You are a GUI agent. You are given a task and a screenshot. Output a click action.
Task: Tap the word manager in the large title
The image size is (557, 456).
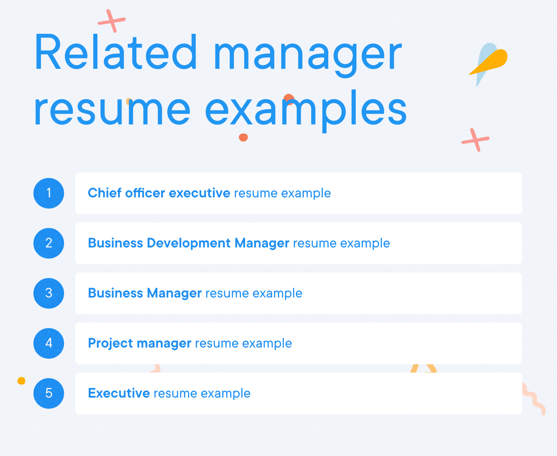coord(308,56)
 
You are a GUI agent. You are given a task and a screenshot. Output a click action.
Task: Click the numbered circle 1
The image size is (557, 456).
coord(49,193)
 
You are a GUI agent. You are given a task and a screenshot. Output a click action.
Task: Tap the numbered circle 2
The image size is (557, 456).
coord(49,243)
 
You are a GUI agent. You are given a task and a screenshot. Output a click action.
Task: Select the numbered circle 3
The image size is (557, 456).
coord(49,293)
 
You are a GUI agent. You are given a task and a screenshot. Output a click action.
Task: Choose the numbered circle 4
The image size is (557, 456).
coord(49,343)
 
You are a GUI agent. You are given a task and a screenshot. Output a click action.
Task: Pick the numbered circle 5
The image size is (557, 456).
coord(49,393)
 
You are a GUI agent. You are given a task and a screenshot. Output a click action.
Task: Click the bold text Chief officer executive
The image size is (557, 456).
coord(159,193)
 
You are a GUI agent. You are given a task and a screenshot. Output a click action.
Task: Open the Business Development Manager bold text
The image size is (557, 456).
coord(188,243)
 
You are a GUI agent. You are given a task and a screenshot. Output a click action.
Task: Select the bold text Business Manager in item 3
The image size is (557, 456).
coord(144,293)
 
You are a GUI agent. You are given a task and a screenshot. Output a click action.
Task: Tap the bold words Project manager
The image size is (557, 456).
coord(139,343)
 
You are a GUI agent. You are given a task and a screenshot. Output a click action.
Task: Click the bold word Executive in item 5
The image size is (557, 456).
coord(119,393)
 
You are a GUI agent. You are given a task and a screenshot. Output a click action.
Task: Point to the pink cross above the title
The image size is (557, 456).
coord(112,21)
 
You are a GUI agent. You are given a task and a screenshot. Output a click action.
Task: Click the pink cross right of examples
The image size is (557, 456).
coord(476,140)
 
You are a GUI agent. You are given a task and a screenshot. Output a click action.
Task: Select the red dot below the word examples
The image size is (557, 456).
coord(243,137)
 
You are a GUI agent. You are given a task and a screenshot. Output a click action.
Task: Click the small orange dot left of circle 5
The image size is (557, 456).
coord(21,381)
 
